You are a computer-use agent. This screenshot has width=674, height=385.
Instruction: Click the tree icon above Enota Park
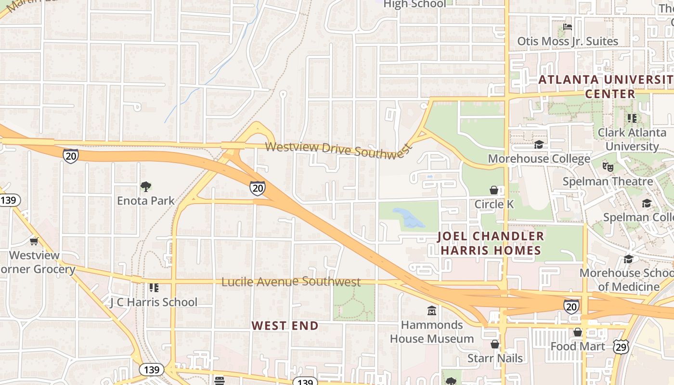(146, 186)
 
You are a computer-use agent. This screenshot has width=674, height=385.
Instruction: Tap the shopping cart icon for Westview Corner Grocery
(34, 241)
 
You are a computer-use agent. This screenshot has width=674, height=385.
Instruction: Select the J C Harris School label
(154, 302)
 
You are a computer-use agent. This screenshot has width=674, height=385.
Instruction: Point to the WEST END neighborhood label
(285, 326)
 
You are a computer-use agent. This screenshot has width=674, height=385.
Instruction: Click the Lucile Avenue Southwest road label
(291, 282)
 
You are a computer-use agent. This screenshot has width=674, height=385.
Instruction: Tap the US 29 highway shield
(621, 346)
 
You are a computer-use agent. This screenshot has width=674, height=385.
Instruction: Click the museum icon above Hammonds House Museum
(432, 311)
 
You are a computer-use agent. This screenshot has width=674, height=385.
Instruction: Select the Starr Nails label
(495, 358)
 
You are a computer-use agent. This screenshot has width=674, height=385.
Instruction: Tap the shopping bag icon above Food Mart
(577, 332)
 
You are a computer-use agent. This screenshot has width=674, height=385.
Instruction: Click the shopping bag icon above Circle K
(493, 190)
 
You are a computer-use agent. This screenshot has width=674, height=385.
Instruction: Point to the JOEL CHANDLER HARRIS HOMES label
(491, 243)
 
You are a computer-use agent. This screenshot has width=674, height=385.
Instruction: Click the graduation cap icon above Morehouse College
(539, 144)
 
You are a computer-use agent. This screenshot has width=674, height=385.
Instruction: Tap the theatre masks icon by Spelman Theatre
(608, 167)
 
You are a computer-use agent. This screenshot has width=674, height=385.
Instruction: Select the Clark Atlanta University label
(632, 139)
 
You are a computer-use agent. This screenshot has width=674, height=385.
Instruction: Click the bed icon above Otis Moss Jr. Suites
(568, 27)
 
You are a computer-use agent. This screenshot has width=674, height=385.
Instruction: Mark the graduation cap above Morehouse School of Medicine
(628, 259)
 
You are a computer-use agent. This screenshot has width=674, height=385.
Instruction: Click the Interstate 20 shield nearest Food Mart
(571, 306)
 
